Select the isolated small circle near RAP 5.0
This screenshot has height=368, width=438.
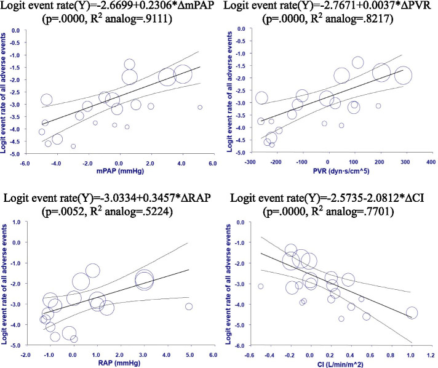click(x=189, y=306)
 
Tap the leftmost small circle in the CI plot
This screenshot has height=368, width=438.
click(x=261, y=286)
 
